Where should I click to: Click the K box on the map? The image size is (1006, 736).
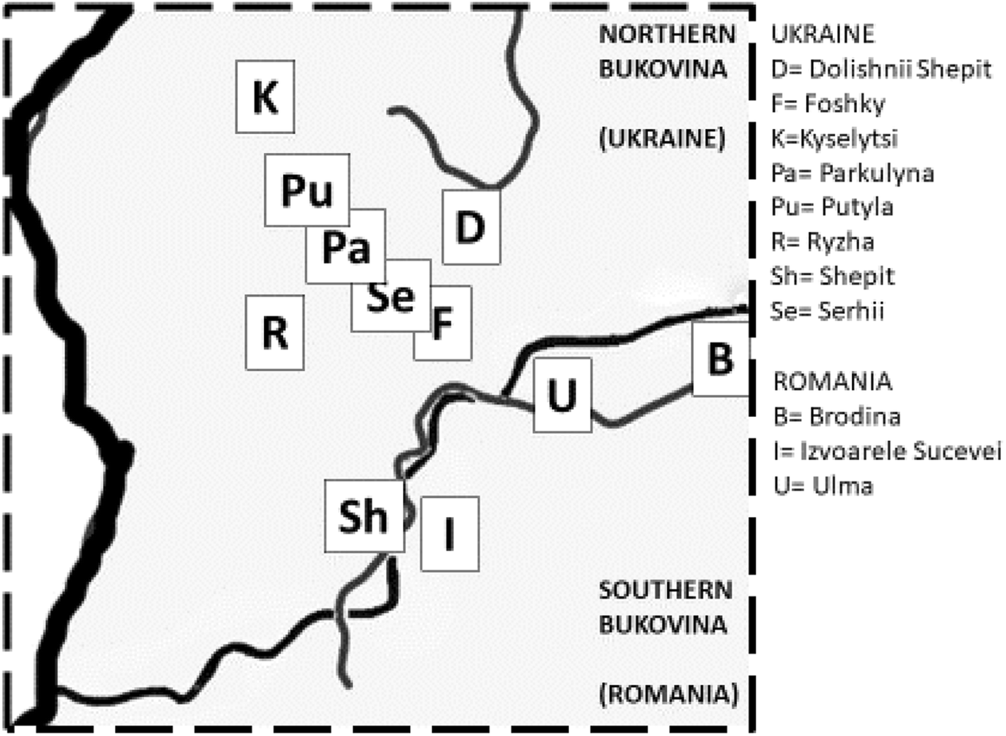click(x=265, y=96)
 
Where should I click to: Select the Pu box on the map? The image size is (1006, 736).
click(x=306, y=190)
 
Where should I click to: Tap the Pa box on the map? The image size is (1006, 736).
click(x=346, y=247)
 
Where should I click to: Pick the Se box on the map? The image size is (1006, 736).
click(x=391, y=296)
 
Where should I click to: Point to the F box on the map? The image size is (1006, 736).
click(x=443, y=323)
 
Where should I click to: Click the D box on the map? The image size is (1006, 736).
click(x=470, y=227)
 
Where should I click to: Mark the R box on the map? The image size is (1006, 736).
click(x=275, y=332)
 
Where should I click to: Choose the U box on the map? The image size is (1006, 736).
click(x=562, y=395)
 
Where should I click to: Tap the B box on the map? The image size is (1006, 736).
click(x=720, y=358)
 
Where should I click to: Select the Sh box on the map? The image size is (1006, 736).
click(x=364, y=515)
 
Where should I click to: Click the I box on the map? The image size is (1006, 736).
click(x=449, y=534)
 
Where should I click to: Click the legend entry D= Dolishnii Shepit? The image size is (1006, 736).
click(x=880, y=69)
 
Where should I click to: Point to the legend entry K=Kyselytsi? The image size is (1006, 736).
click(x=834, y=138)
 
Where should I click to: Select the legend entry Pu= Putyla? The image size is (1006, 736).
click(x=831, y=207)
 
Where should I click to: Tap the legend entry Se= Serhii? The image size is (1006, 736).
click(x=827, y=311)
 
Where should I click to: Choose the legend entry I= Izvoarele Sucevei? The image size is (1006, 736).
click(x=887, y=451)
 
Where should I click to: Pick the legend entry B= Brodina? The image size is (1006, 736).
click(x=836, y=416)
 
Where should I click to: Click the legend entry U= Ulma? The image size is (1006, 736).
click(x=823, y=486)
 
